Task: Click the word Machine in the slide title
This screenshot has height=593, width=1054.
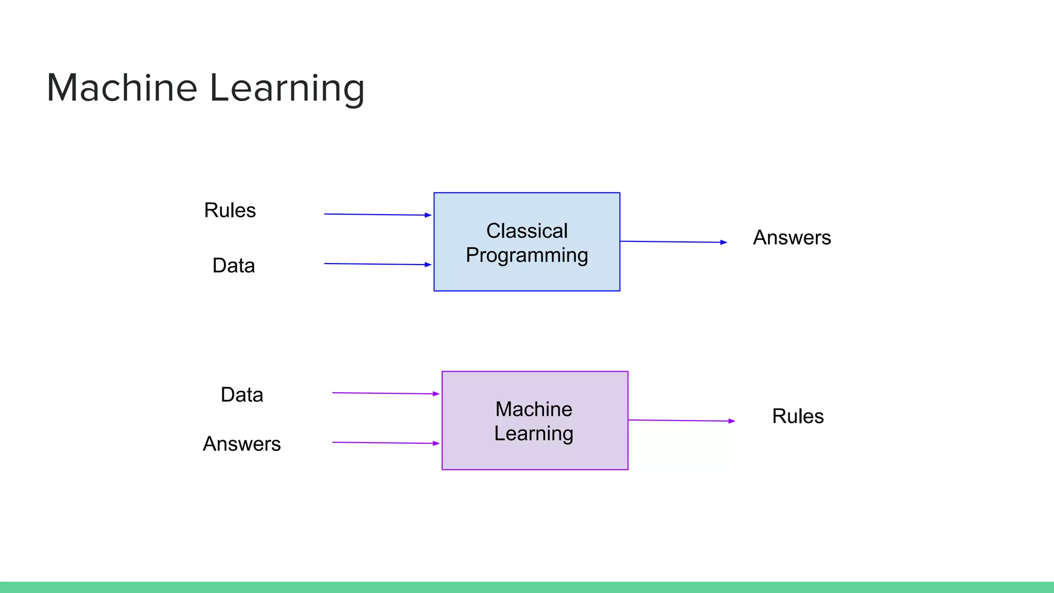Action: coord(122,88)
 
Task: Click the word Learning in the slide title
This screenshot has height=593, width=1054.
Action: coord(287,89)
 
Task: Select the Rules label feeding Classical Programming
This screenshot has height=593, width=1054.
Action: coord(230,210)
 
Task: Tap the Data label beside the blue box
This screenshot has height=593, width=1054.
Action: coord(234,266)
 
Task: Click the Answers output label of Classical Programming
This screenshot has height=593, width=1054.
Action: coord(792,238)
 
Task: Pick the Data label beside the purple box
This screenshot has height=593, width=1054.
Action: coord(242,395)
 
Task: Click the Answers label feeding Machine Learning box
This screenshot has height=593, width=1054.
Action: coord(241,444)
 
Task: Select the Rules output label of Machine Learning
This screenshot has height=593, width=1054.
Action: coord(798,416)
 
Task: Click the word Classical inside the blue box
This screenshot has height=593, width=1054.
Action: coord(526,231)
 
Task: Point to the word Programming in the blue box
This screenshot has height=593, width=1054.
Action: coord(526,255)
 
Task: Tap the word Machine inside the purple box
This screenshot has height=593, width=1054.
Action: coord(534,409)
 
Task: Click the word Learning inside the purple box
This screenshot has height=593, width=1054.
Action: coord(534,433)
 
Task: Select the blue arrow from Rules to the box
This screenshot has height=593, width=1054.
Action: coord(377,215)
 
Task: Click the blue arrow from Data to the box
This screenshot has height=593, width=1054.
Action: coord(377,264)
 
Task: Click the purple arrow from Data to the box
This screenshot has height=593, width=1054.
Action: coord(385,393)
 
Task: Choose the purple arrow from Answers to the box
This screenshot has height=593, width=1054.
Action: coord(385,443)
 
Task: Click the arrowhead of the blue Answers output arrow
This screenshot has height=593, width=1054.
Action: coord(724,242)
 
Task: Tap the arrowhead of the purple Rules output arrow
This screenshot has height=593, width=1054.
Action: coord(732,421)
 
